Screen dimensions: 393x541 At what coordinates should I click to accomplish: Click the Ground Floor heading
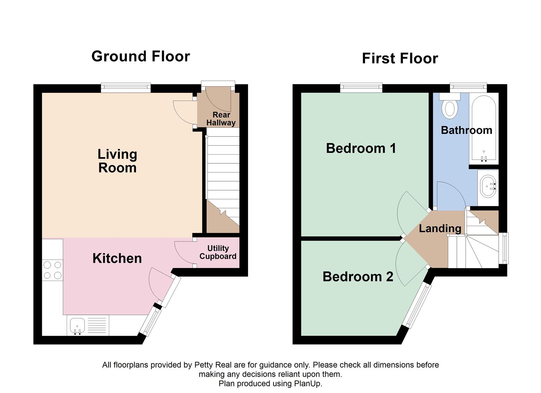pos(141,56)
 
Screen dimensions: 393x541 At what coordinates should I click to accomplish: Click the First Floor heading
pos(400,58)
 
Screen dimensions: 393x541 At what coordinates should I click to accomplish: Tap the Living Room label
pos(117,161)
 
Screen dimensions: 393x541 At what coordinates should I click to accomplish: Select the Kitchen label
pos(117,258)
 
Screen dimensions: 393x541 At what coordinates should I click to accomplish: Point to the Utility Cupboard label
pos(218,252)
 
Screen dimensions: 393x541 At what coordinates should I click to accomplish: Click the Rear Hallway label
pos(221,119)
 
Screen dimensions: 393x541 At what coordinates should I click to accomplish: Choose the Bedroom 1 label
pos(361,148)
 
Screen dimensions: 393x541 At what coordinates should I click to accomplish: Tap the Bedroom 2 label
pos(358,277)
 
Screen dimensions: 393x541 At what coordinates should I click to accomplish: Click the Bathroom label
pos(466,130)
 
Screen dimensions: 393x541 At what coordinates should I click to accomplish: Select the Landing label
pos(440,229)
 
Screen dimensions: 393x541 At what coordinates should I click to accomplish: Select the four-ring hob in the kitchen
pos(52,270)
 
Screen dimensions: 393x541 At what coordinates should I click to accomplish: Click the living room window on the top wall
pos(126,87)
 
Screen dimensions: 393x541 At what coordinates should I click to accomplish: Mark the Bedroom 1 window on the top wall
pos(361,87)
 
